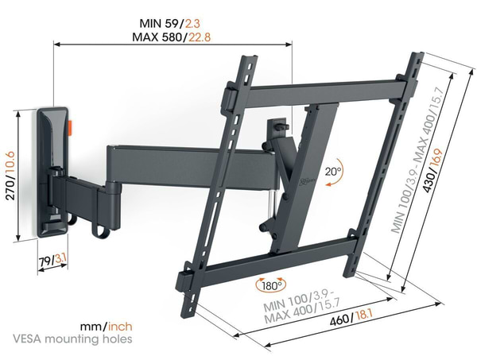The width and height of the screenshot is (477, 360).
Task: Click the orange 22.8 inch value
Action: coord(200,37)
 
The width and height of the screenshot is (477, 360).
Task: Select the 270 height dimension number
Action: coord(10,190)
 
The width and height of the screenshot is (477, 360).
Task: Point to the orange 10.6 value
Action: coord(10,165)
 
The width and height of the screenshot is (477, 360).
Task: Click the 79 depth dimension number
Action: coord(45,261)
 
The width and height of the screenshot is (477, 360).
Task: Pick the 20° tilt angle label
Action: coord(333,172)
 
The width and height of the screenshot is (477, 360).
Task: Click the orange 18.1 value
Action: coord(364,315)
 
